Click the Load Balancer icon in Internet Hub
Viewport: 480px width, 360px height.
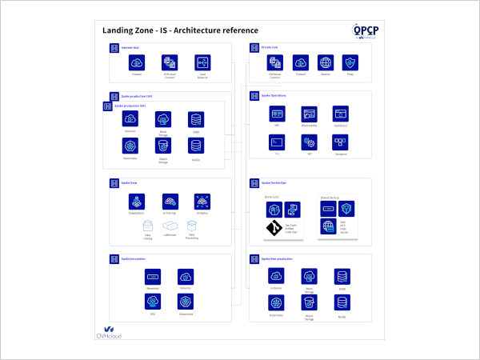tap(202, 62)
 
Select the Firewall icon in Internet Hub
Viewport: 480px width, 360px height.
tap(137, 62)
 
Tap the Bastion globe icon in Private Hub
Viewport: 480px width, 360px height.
tap(326, 62)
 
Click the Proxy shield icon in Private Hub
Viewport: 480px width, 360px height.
tap(350, 62)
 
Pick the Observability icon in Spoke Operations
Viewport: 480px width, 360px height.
tap(309, 114)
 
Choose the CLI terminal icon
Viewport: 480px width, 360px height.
tap(278, 142)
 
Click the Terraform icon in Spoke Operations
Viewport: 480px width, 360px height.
tap(340, 142)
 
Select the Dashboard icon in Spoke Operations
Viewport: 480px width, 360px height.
tap(340, 114)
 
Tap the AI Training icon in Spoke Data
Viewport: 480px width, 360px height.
tap(170, 201)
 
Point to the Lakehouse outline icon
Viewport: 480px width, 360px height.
tap(170, 226)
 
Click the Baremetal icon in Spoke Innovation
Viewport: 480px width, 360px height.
tap(153, 276)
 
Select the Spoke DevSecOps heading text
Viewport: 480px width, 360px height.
tap(275, 183)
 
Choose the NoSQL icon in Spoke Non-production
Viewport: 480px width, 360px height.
tap(342, 303)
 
